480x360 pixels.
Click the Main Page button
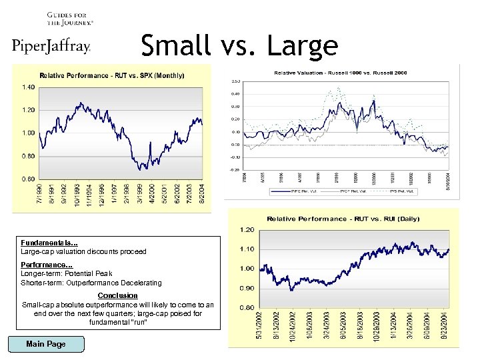pyautogui.click(x=46, y=344)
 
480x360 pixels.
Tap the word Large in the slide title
pyautogui.click(x=302, y=45)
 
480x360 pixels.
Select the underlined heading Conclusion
pyautogui.click(x=117, y=295)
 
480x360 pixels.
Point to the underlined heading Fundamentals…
pyautogui.click(x=49, y=243)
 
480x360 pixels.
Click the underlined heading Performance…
pyautogui.click(x=47, y=265)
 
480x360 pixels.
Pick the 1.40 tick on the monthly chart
pyautogui.click(x=29, y=87)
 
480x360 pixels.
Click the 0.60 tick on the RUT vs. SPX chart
pyautogui.click(x=29, y=179)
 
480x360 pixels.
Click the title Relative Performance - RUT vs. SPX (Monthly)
pyautogui.click(x=112, y=75)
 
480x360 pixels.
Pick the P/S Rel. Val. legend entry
pyautogui.click(x=403, y=191)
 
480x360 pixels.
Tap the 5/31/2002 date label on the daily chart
pyautogui.click(x=260, y=327)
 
